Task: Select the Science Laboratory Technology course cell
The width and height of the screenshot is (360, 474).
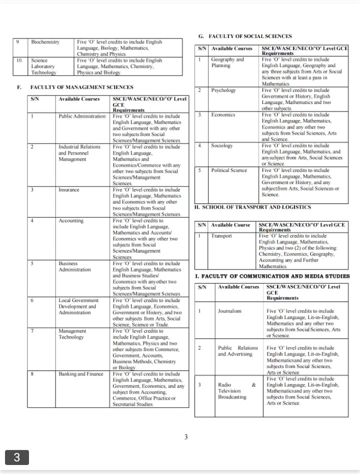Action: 44,66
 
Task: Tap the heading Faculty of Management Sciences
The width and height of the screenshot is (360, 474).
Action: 81,87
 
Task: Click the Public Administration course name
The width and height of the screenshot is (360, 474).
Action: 82,116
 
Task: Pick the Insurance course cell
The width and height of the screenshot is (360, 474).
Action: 68,190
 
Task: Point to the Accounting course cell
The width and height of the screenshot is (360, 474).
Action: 70,220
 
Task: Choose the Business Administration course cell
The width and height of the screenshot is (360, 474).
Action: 74,266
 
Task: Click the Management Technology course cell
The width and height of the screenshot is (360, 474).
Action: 71,334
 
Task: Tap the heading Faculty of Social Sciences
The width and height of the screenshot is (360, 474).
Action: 249,36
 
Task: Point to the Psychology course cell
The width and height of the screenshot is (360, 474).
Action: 223,90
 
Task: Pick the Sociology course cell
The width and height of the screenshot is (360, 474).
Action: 222,145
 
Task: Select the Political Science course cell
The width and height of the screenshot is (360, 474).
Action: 229,170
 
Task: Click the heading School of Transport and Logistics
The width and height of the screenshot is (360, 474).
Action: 252,207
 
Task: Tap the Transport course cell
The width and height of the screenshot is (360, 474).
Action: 221,236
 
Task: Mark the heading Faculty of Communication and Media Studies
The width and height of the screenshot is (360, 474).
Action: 272,276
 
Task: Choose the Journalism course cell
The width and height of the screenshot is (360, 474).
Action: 229,311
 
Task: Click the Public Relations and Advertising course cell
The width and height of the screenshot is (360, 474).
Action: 237,350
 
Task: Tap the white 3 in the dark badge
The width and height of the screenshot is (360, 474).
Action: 16,457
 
